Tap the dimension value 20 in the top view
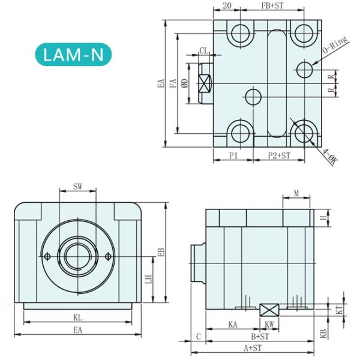coord(227,5)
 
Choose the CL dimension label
coord(203,52)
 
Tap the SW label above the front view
coord(77,187)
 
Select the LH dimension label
coord(148,280)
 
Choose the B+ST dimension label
coord(259,337)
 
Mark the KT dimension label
coord(338,309)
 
